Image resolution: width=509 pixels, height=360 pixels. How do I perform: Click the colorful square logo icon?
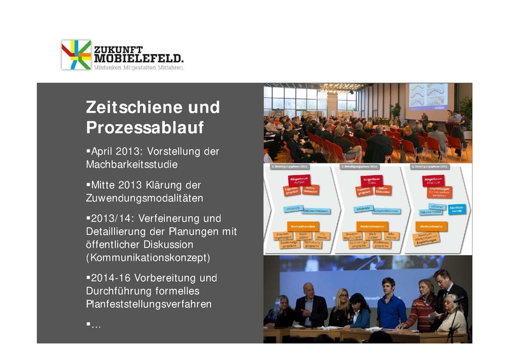[76, 55]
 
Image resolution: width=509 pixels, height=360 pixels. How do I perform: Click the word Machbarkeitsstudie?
[131, 165]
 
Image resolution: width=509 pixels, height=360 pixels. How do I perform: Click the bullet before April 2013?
[88, 151]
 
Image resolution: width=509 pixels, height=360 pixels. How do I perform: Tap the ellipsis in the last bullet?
[96, 324]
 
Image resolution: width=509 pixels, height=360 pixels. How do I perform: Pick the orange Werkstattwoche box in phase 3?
[430, 226]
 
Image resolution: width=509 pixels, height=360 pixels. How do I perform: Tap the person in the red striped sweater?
[421, 308]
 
